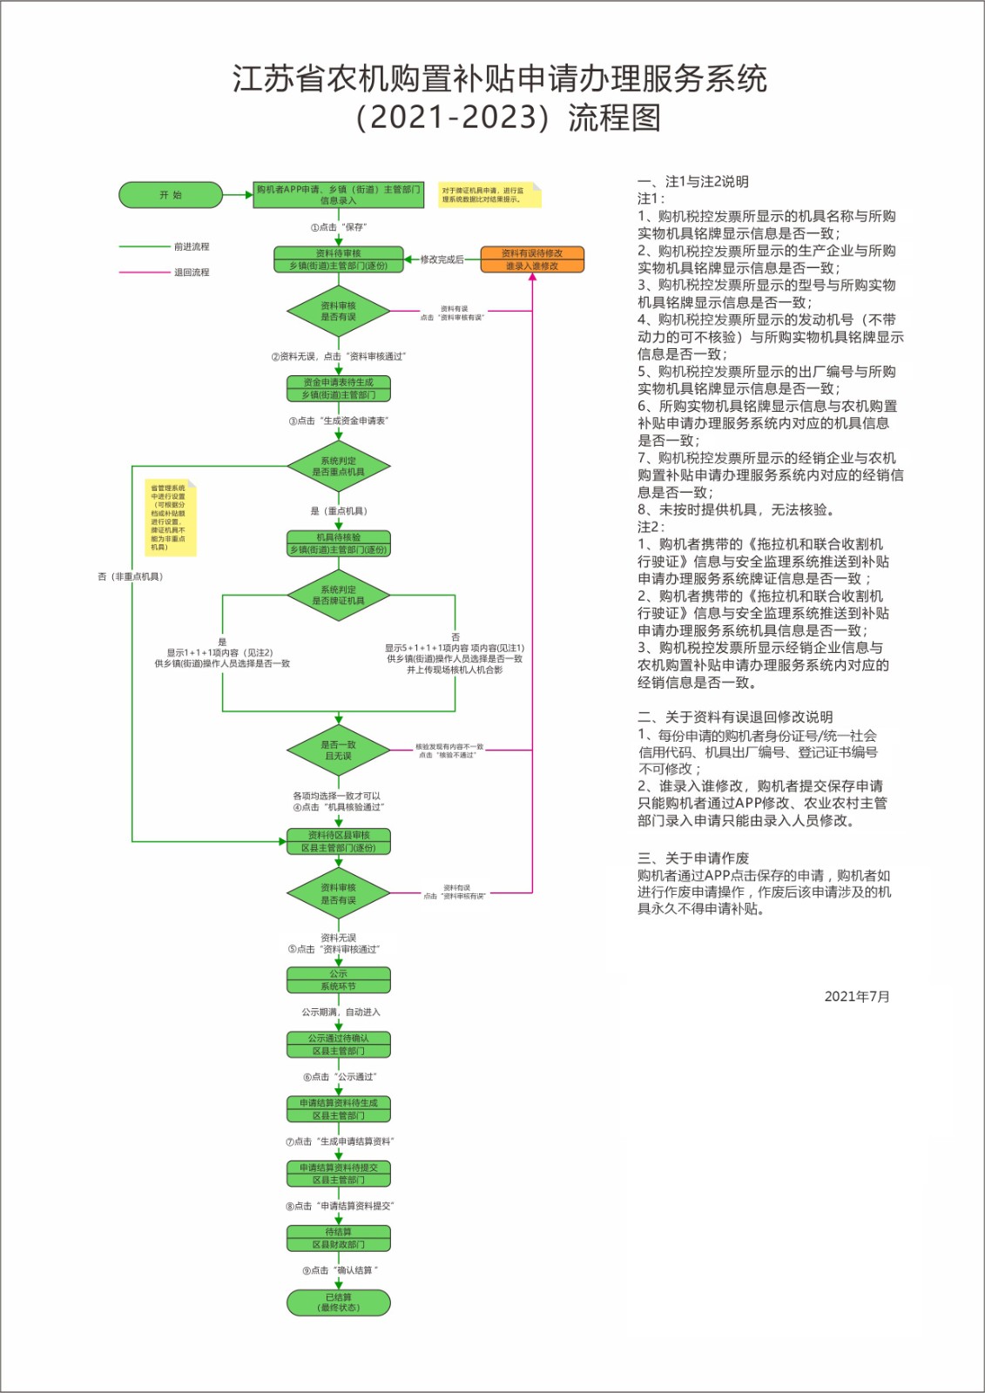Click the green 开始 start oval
[x=171, y=195]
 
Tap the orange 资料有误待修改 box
[x=532, y=259]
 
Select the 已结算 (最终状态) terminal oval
[x=338, y=1302]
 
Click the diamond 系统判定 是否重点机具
[x=339, y=467]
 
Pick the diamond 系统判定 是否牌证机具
[x=339, y=596]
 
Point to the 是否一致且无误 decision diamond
[x=339, y=750]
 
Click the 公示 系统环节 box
[x=338, y=980]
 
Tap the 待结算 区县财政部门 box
[x=338, y=1238]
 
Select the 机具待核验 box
[x=338, y=543]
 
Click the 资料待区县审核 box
[x=338, y=841]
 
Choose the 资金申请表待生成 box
[x=338, y=388]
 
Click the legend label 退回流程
[x=192, y=273]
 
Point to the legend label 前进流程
[x=192, y=246]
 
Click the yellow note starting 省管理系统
[x=170, y=517]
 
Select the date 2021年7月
[x=857, y=997]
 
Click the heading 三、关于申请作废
[x=693, y=858]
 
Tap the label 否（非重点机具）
[x=131, y=576]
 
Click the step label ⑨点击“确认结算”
[x=340, y=1270]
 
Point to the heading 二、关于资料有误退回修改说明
[x=735, y=717]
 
